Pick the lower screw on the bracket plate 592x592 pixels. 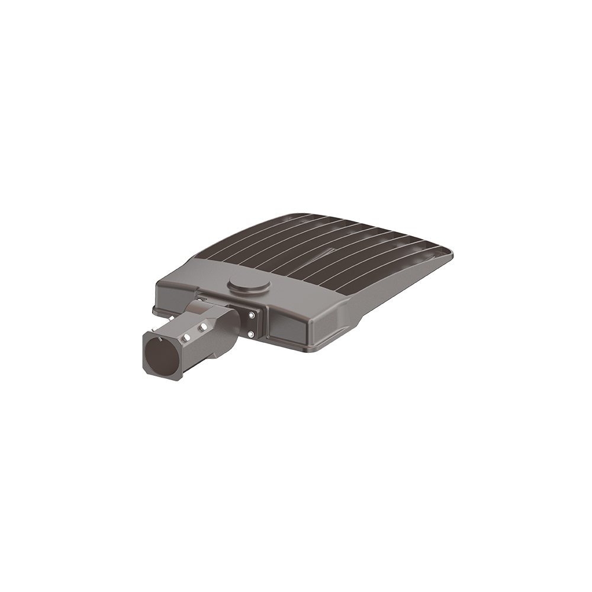pos(252,336)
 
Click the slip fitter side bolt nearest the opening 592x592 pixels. pos(185,337)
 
